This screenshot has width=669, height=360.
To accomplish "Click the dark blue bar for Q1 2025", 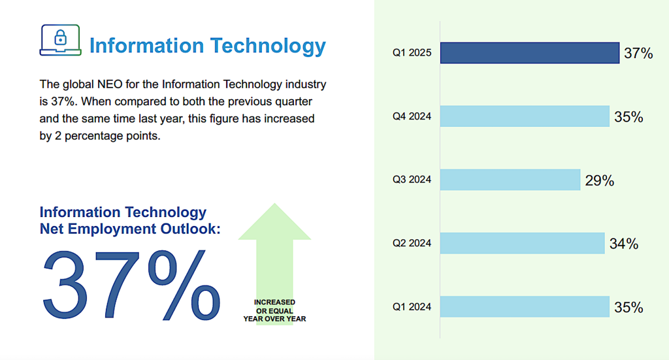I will pyautogui.click(x=529, y=53).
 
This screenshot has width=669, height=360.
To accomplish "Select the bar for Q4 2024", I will pyautogui.click(x=525, y=116).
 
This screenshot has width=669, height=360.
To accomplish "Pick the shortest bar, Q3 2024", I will pyautogui.click(x=510, y=180).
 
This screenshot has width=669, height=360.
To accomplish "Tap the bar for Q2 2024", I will pyautogui.click(x=522, y=243).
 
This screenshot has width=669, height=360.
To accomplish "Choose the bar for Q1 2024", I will pyautogui.click(x=525, y=306).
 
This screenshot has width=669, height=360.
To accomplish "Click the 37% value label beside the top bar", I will pyautogui.click(x=638, y=54).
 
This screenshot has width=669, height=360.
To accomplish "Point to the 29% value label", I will pyautogui.click(x=599, y=181).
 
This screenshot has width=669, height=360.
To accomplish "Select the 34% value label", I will pyautogui.click(x=623, y=244).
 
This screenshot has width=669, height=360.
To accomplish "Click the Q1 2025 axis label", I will pyautogui.click(x=412, y=54).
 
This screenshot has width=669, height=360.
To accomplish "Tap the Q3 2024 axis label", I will pyautogui.click(x=412, y=180).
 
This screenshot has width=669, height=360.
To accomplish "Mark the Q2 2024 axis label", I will pyautogui.click(x=412, y=243).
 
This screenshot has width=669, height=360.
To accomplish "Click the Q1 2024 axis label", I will pyautogui.click(x=412, y=306).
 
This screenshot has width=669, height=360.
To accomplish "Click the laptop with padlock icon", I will pyautogui.click(x=60, y=41).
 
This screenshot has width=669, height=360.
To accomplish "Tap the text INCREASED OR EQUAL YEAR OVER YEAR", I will pyautogui.click(x=274, y=310).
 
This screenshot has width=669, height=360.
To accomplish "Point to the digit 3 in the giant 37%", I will pyautogui.click(x=69, y=284).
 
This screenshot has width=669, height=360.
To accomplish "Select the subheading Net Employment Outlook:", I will pyautogui.click(x=130, y=228).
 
